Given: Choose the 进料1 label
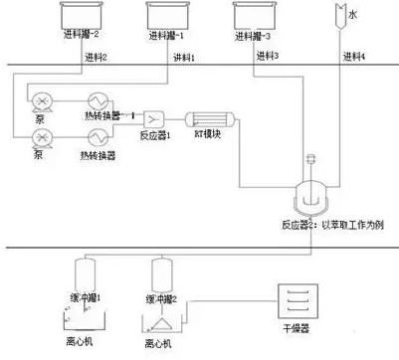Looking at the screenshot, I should (x=187, y=56).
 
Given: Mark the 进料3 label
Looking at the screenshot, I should (x=271, y=56).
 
